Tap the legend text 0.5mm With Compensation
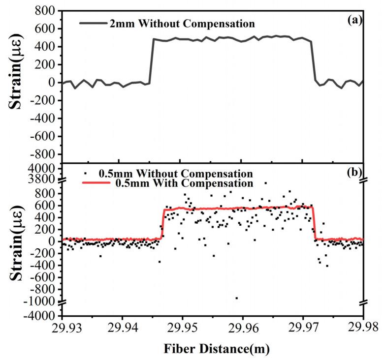pos(176,183)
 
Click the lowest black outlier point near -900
pos(237,298)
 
